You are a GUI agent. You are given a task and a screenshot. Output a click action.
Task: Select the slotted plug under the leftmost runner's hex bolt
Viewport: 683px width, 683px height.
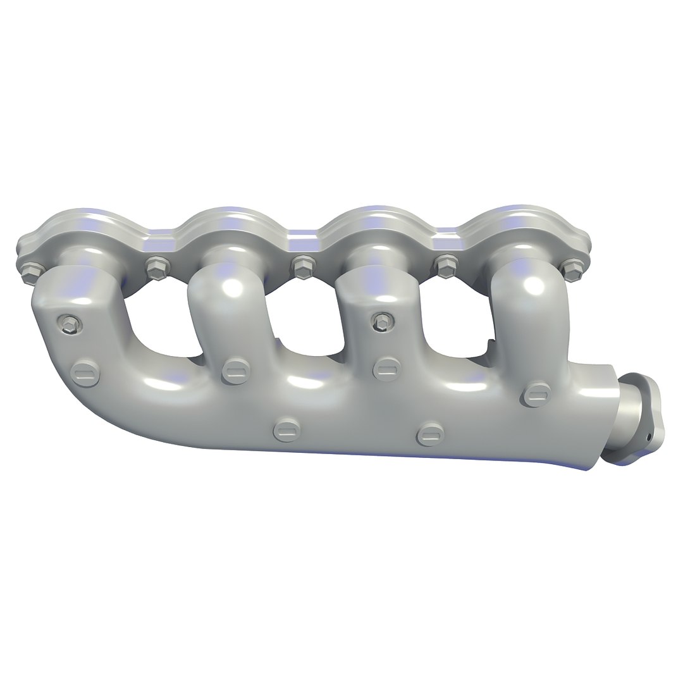[x=85, y=374]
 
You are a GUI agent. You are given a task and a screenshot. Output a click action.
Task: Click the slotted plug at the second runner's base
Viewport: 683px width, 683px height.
[x=235, y=370]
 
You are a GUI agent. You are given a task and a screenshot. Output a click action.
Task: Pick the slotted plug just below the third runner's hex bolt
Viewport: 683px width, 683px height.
[x=386, y=368]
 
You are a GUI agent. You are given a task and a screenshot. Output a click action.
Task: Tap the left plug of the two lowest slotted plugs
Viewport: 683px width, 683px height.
[x=286, y=429]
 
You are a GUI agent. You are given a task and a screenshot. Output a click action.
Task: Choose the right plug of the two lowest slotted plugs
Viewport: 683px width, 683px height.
[x=431, y=433]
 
